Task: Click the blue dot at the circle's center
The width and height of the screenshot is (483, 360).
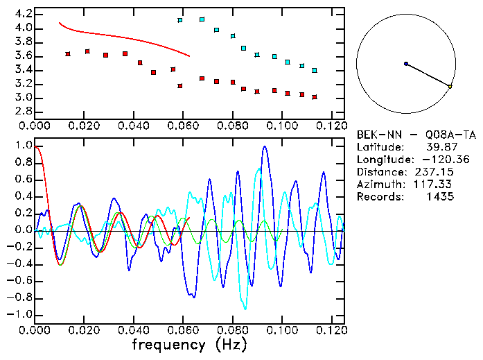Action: click(405, 64)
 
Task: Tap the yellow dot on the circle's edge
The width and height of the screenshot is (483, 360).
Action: click(450, 87)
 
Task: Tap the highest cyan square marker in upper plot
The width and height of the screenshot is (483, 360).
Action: click(202, 19)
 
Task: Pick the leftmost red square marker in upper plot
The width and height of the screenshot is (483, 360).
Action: click(67, 54)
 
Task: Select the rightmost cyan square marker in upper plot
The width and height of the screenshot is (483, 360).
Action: click(314, 71)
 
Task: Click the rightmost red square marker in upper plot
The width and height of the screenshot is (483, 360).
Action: click(314, 97)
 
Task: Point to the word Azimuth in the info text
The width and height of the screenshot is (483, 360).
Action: click(378, 185)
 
